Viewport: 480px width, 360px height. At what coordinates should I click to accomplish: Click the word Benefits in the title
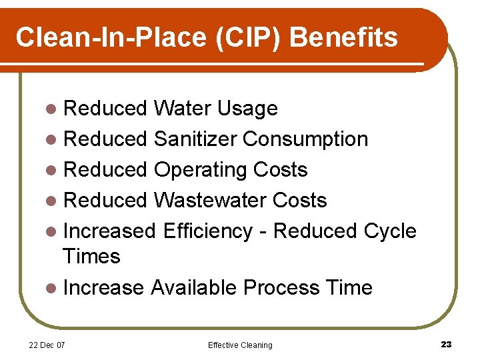click(344, 37)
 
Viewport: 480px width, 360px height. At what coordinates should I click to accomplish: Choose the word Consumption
click(305, 139)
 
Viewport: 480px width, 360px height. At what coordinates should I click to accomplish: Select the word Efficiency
click(207, 231)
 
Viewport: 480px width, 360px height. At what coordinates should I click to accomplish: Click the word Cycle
click(390, 231)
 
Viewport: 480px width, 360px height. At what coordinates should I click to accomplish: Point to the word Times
click(91, 256)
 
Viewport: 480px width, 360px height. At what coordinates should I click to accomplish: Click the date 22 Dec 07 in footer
click(47, 345)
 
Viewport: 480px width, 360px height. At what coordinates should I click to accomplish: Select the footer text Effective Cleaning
click(240, 345)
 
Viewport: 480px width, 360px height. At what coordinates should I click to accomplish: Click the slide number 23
click(446, 344)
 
